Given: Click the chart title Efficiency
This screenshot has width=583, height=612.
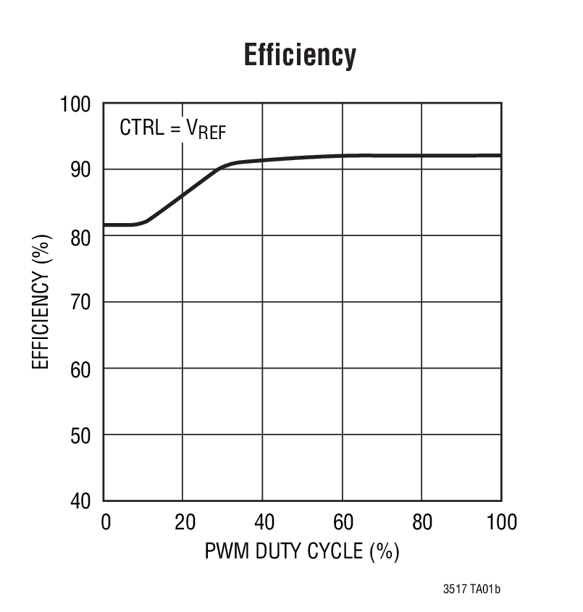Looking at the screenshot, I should coord(300,56).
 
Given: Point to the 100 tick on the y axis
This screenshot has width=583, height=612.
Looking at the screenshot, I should coord(75,104).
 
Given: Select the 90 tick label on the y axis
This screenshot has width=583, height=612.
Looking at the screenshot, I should coord(81,170).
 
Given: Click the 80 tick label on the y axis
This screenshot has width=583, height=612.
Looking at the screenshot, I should coord(81,236).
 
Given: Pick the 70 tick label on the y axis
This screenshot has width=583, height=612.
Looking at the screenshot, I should coord(81,303).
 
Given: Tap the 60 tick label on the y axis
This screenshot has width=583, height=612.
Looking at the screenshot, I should coord(81,369).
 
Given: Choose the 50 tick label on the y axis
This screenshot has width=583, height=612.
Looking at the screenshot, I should coord(81,435).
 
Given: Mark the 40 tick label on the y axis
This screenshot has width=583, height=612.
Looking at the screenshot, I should coord(81,501).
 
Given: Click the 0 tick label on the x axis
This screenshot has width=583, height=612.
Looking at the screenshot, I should coord(106,521).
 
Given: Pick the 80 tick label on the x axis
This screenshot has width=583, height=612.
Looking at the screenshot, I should coord(421,521).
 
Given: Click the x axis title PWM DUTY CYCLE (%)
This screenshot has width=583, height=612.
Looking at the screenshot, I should coord(302,552).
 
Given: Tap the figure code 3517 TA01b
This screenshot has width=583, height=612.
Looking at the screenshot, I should coord(471,590).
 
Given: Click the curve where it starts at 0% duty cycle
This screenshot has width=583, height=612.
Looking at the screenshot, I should coord(106,225).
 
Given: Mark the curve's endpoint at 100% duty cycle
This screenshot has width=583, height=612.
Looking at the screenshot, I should coord(499,155).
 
